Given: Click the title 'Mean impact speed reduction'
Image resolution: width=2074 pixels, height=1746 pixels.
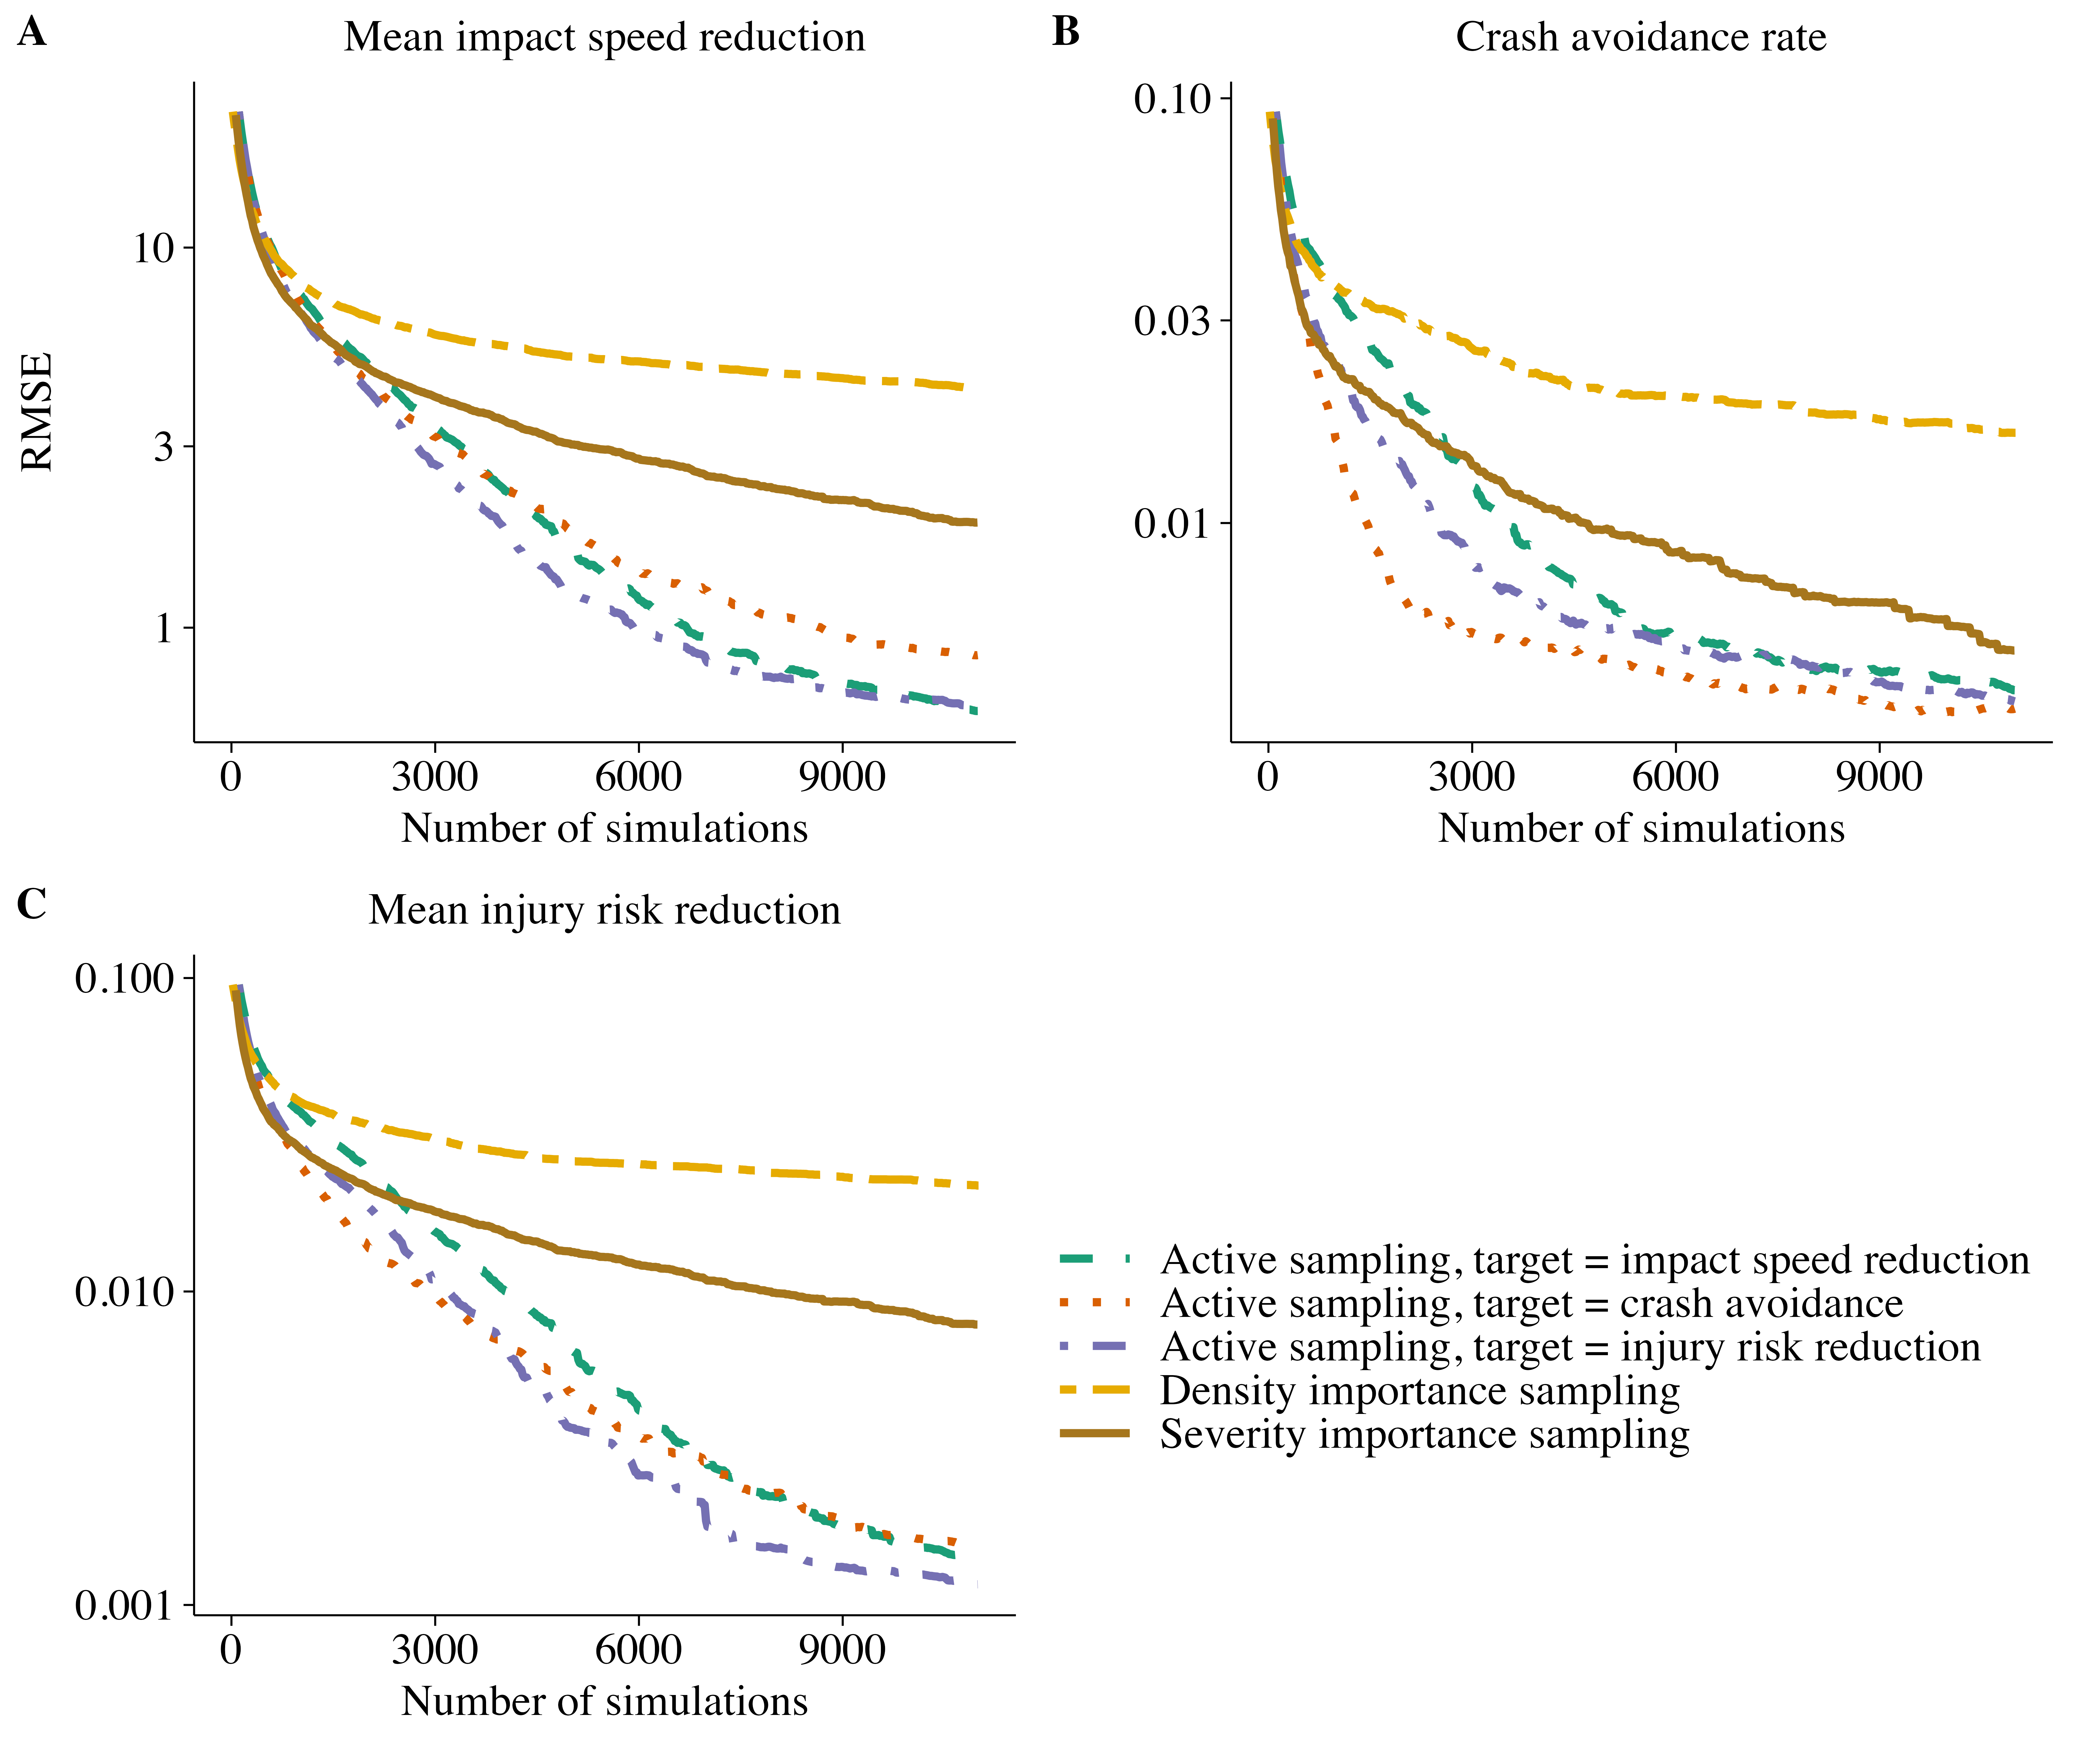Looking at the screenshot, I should pyautogui.click(x=604, y=38).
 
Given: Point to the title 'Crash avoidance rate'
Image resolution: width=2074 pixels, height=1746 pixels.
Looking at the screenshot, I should pyautogui.click(x=1640, y=38).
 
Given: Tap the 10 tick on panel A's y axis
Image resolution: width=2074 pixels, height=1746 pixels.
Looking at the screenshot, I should pyautogui.click(x=153, y=248).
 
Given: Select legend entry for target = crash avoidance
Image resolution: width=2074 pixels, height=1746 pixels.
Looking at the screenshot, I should pyautogui.click(x=1531, y=1304).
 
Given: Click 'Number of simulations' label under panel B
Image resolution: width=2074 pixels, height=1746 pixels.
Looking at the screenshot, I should pyautogui.click(x=1640, y=829).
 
